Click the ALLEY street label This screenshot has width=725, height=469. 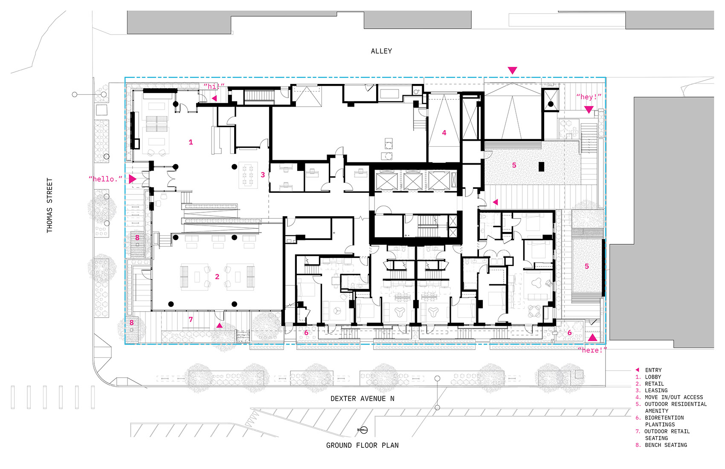(x=381, y=51)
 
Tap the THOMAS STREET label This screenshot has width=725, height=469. (x=49, y=205)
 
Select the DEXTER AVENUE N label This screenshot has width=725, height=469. (x=362, y=399)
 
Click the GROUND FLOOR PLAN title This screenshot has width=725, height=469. (x=362, y=446)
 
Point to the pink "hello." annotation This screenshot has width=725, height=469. (x=105, y=179)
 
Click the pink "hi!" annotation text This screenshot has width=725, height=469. (x=214, y=87)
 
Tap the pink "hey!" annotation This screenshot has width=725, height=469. (x=589, y=97)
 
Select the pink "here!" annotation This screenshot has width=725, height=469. (x=592, y=350)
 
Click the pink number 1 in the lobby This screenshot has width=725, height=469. (x=191, y=142)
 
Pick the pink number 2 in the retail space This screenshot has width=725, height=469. (x=217, y=277)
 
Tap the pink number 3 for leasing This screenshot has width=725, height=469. (x=263, y=175)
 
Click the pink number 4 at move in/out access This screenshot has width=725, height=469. (x=444, y=133)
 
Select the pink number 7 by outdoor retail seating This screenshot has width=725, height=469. (x=191, y=319)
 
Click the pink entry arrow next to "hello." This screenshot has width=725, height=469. (x=132, y=179)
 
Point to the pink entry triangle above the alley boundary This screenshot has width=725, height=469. (x=512, y=70)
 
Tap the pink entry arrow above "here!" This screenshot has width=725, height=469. (x=593, y=338)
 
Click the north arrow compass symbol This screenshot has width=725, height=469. (x=363, y=430)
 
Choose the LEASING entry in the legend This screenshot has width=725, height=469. (x=656, y=391)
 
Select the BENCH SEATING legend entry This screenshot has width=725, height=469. (x=666, y=446)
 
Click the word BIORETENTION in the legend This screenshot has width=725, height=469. (x=664, y=418)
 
